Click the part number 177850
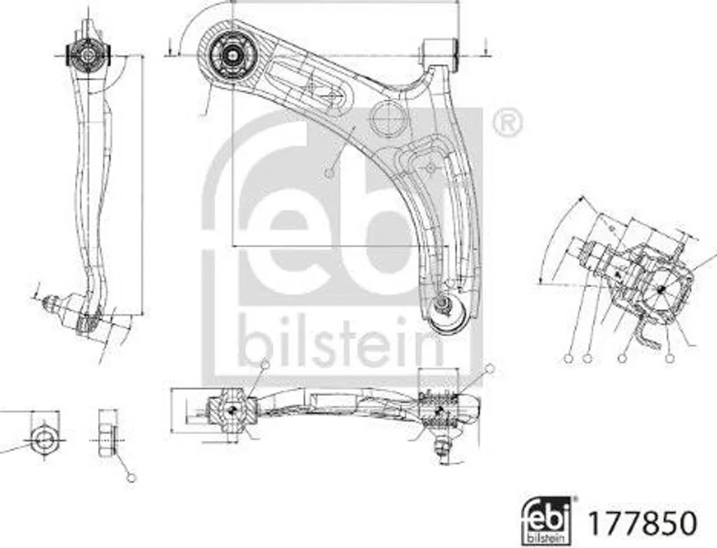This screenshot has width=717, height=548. coord(643,523)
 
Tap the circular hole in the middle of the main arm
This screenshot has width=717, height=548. coord(388,119)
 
